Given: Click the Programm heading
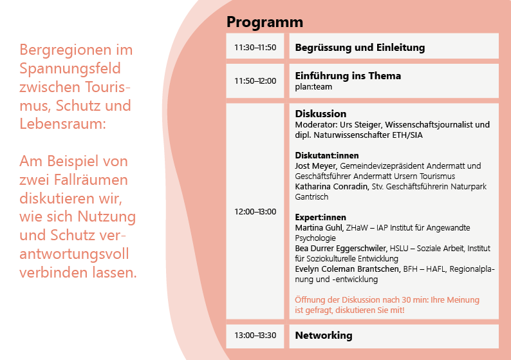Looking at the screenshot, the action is coord(265,23).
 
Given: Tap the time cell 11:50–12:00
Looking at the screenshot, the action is coord(255,81).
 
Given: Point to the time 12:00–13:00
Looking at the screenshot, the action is coord(255,212).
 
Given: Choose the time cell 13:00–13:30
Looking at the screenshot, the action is coord(255,336).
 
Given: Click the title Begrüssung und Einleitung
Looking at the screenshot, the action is coord(360,48).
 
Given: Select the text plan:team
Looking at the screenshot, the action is coord(313,87).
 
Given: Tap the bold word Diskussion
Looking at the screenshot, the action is coord(321,113).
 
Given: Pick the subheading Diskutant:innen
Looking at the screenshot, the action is coord(327,156).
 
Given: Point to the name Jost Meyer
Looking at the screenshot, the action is coord(315,166).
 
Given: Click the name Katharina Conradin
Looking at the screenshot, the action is coord(331,187).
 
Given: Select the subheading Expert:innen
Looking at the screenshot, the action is coord(321,218).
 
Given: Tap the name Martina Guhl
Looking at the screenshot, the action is coord(319,227).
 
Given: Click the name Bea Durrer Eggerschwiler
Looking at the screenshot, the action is coord(341,249).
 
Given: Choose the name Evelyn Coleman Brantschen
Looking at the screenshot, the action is coord(347,269).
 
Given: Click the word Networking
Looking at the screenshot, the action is coord(324,336).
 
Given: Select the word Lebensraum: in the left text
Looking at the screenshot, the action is coord(62,124).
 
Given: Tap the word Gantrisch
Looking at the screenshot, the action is coord(311,197).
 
